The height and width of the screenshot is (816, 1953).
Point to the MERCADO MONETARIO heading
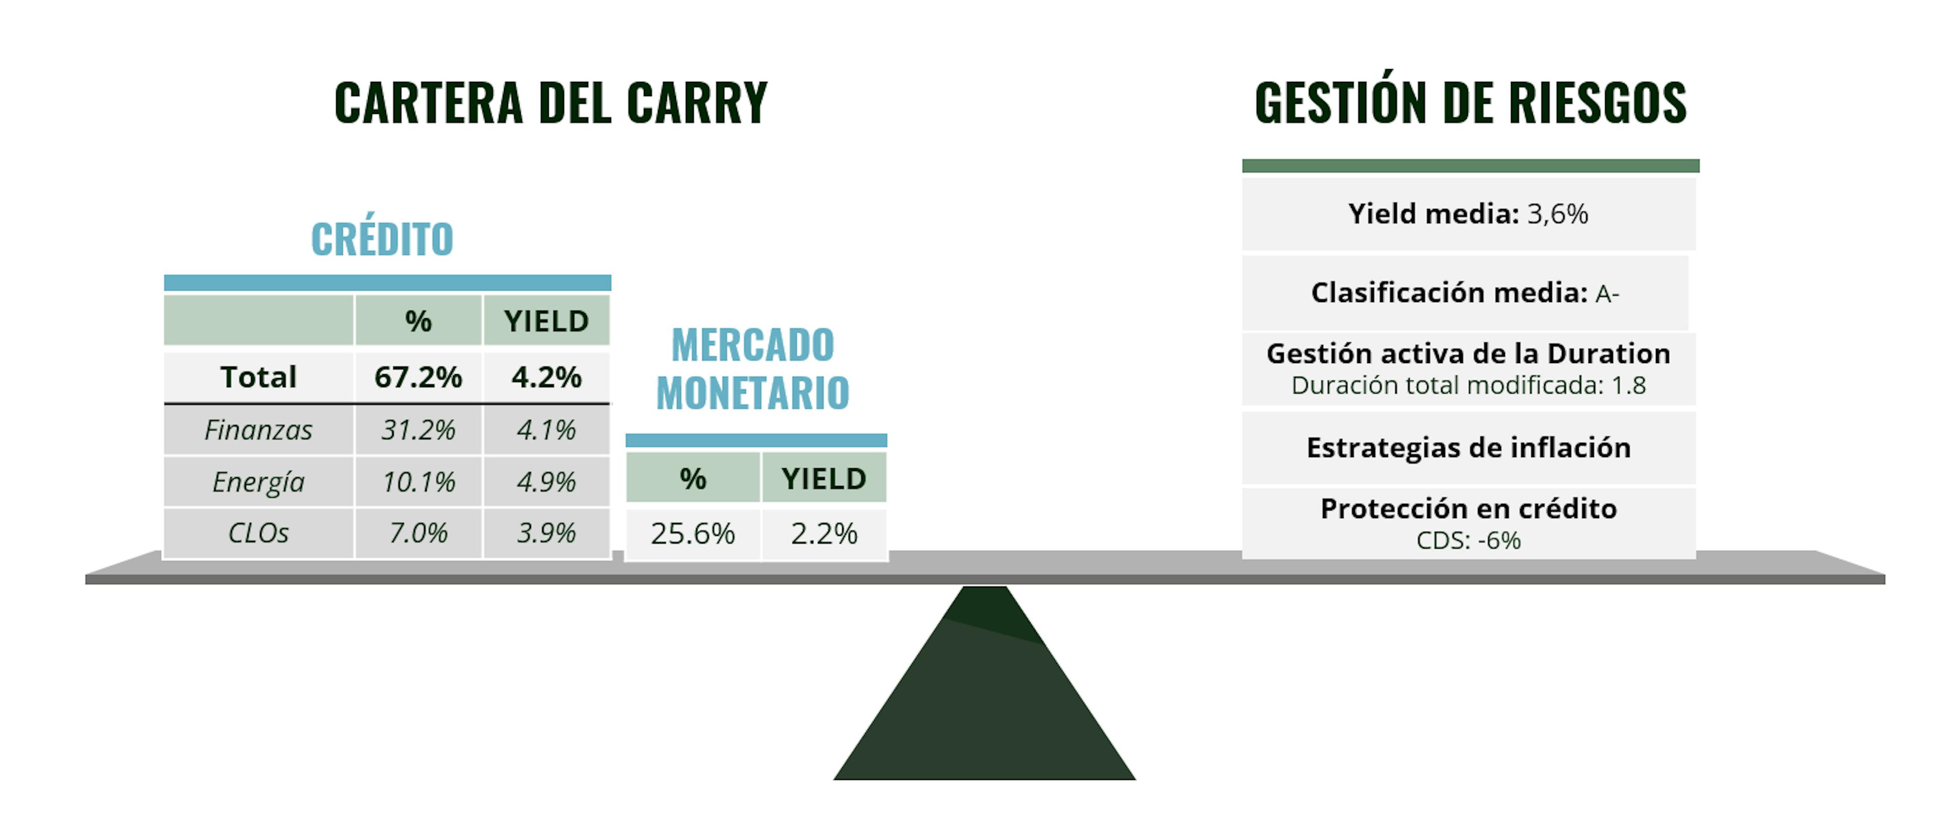[x=753, y=369]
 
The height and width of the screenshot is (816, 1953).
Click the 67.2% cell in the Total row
[x=419, y=377]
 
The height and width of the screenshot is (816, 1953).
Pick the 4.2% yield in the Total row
[x=547, y=377]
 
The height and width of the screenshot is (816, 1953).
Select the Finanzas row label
[x=258, y=430]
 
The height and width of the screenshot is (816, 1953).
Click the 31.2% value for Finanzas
[x=419, y=430]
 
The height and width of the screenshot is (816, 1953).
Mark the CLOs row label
[x=258, y=533]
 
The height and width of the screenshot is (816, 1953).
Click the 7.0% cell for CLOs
[x=419, y=533]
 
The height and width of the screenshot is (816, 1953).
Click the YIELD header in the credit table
[x=547, y=321]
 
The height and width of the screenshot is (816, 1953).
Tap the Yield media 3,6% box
[x=1468, y=214]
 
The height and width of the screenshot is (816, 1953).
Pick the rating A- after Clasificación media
[x=1607, y=293]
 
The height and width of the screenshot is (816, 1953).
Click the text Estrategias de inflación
[x=1468, y=448]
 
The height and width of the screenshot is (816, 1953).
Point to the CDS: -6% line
[x=1468, y=540]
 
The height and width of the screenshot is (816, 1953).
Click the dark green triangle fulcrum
[x=985, y=697]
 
